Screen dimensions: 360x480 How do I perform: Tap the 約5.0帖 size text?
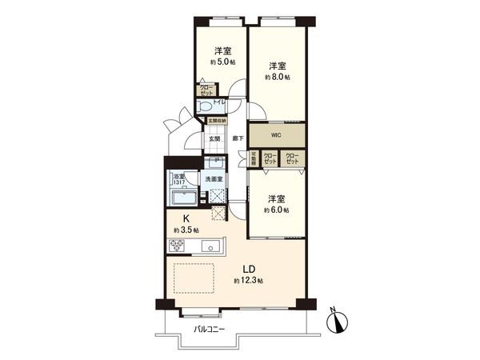(x=222, y=62)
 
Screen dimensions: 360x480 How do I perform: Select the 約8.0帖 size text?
(x=278, y=77)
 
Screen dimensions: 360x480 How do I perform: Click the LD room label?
(x=249, y=270)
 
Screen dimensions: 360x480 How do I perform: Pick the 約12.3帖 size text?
(x=249, y=282)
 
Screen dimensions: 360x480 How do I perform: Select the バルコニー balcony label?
(x=210, y=328)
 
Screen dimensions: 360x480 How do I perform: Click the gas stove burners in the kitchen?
(x=176, y=245)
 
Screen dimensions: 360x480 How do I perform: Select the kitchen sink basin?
(x=210, y=246)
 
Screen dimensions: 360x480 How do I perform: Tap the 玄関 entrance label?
(x=215, y=138)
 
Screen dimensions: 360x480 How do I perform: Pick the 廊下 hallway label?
(x=238, y=138)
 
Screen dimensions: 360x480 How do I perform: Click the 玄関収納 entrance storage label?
(x=217, y=121)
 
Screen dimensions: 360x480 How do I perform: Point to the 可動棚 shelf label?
(x=254, y=158)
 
